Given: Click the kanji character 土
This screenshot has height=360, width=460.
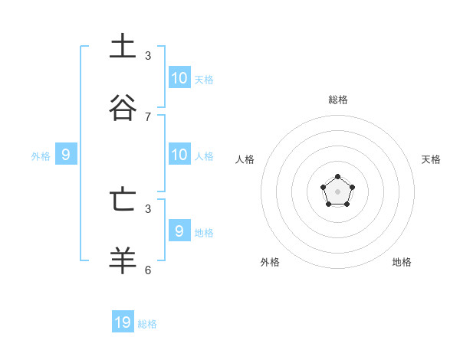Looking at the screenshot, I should point(123,46).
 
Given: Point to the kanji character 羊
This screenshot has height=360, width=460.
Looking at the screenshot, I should point(123,260).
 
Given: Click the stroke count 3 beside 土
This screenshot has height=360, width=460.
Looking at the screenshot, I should point(148,56).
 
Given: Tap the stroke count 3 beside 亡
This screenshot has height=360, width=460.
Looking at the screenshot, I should point(148,208).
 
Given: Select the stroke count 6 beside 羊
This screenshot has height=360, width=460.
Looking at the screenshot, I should point(148,270).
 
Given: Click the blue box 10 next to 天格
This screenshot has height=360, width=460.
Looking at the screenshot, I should point(179,77).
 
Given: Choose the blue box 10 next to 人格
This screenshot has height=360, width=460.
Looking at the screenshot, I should point(179,154).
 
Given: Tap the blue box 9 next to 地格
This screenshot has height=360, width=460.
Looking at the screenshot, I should point(179,231).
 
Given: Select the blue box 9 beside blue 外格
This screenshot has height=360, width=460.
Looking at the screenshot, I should point(66,155).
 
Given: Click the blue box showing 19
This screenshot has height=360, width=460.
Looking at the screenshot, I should point(123,322).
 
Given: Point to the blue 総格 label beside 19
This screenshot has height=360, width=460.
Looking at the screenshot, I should point(147,324).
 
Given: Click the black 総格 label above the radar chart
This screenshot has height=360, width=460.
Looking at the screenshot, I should point(338,100).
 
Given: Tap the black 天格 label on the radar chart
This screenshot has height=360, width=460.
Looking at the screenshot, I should point(431,159).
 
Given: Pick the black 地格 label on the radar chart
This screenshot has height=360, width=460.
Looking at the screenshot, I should point(402,262).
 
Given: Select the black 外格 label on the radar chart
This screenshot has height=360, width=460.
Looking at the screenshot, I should point(270,262).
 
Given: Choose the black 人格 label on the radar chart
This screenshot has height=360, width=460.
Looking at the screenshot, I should point(245,159).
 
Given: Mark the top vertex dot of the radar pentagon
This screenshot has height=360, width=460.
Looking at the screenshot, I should point(337,177).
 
